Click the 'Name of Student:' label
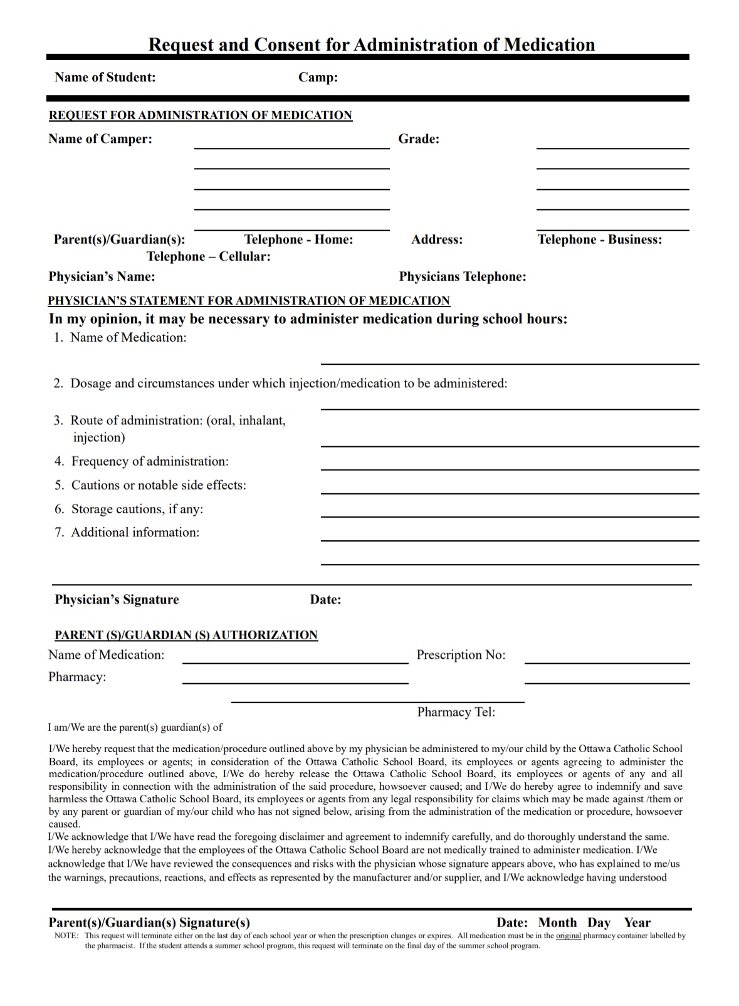coord(105,78)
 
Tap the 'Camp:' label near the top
coord(318,78)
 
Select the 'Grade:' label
coord(419,139)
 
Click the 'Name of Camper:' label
coord(100,139)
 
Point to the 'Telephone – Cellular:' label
coord(209,256)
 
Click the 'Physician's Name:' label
coord(102,277)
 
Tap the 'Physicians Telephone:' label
coord(463,277)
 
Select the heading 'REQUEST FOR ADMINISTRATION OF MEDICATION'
coord(201,115)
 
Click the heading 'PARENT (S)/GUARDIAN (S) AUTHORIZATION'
coord(186,635)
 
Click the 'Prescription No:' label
coord(461,655)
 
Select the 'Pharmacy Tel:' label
coord(456,712)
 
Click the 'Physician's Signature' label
coord(117,600)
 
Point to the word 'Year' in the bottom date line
coord(637,923)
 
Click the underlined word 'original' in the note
coord(569,936)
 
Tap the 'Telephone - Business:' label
coord(600,239)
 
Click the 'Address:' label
coord(437,239)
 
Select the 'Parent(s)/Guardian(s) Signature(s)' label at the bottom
coord(149,923)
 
